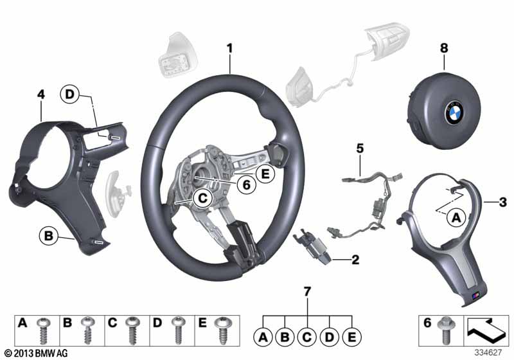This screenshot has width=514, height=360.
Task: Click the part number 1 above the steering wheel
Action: click(229, 48)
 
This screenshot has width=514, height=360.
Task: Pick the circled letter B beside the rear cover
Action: click(47, 236)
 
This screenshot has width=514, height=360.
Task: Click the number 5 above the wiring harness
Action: click(360, 149)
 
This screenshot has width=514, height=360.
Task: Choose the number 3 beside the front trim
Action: click(503, 203)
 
